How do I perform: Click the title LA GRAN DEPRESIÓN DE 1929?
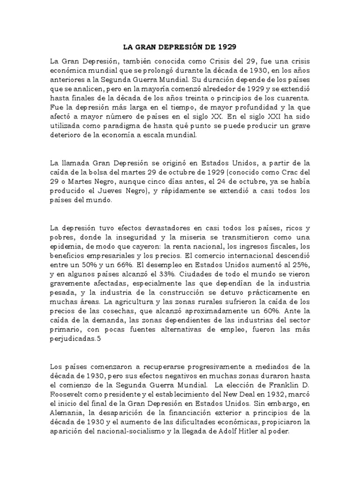(180, 47)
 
